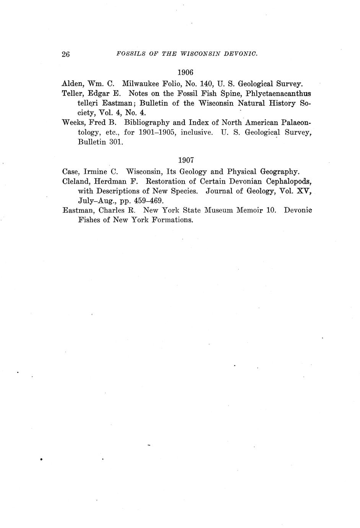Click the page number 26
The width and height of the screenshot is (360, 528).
65,54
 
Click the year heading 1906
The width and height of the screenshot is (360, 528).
186,72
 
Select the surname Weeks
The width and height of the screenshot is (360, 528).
73,122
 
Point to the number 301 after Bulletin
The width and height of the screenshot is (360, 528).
116,142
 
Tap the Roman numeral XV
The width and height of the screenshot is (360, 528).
304,191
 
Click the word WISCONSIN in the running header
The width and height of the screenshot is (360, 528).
194,54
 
